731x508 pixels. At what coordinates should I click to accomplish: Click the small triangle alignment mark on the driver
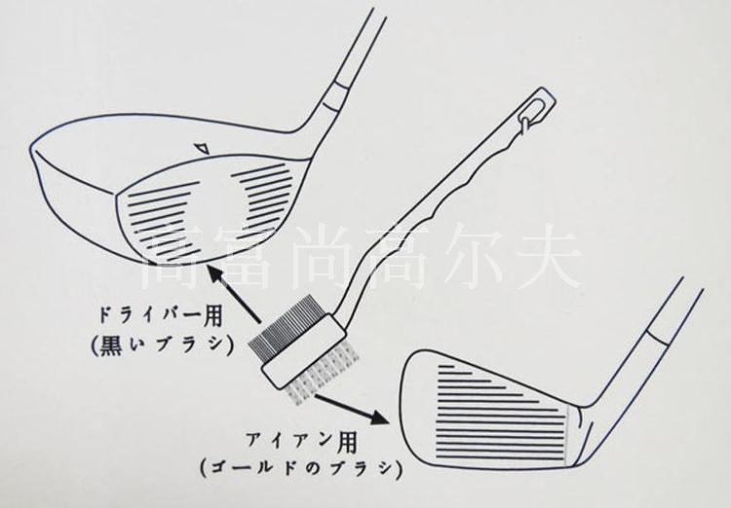click(x=201, y=148)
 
